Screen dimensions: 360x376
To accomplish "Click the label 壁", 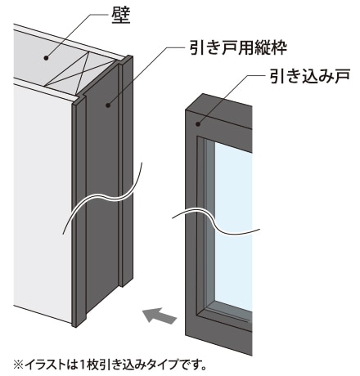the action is click(x=121, y=15).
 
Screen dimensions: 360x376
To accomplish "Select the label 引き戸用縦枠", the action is click(x=238, y=47).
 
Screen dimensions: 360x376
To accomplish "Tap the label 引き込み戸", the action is click(x=309, y=76).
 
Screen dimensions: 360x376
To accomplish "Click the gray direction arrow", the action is click(x=160, y=316).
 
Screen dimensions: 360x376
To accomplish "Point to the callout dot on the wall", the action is click(x=46, y=58).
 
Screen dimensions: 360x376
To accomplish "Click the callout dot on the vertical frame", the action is click(x=108, y=105).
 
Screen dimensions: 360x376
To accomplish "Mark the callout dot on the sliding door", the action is click(x=198, y=124).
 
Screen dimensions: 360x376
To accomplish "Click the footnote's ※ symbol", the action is click(x=19, y=365).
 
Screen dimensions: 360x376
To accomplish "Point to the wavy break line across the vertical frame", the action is click(x=102, y=197).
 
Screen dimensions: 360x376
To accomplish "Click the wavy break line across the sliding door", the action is click(x=215, y=220).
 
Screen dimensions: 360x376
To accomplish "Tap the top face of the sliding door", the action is click(x=218, y=108).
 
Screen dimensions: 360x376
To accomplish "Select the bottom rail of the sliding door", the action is click(x=218, y=333).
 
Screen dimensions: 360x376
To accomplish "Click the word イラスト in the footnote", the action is click(x=44, y=365).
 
